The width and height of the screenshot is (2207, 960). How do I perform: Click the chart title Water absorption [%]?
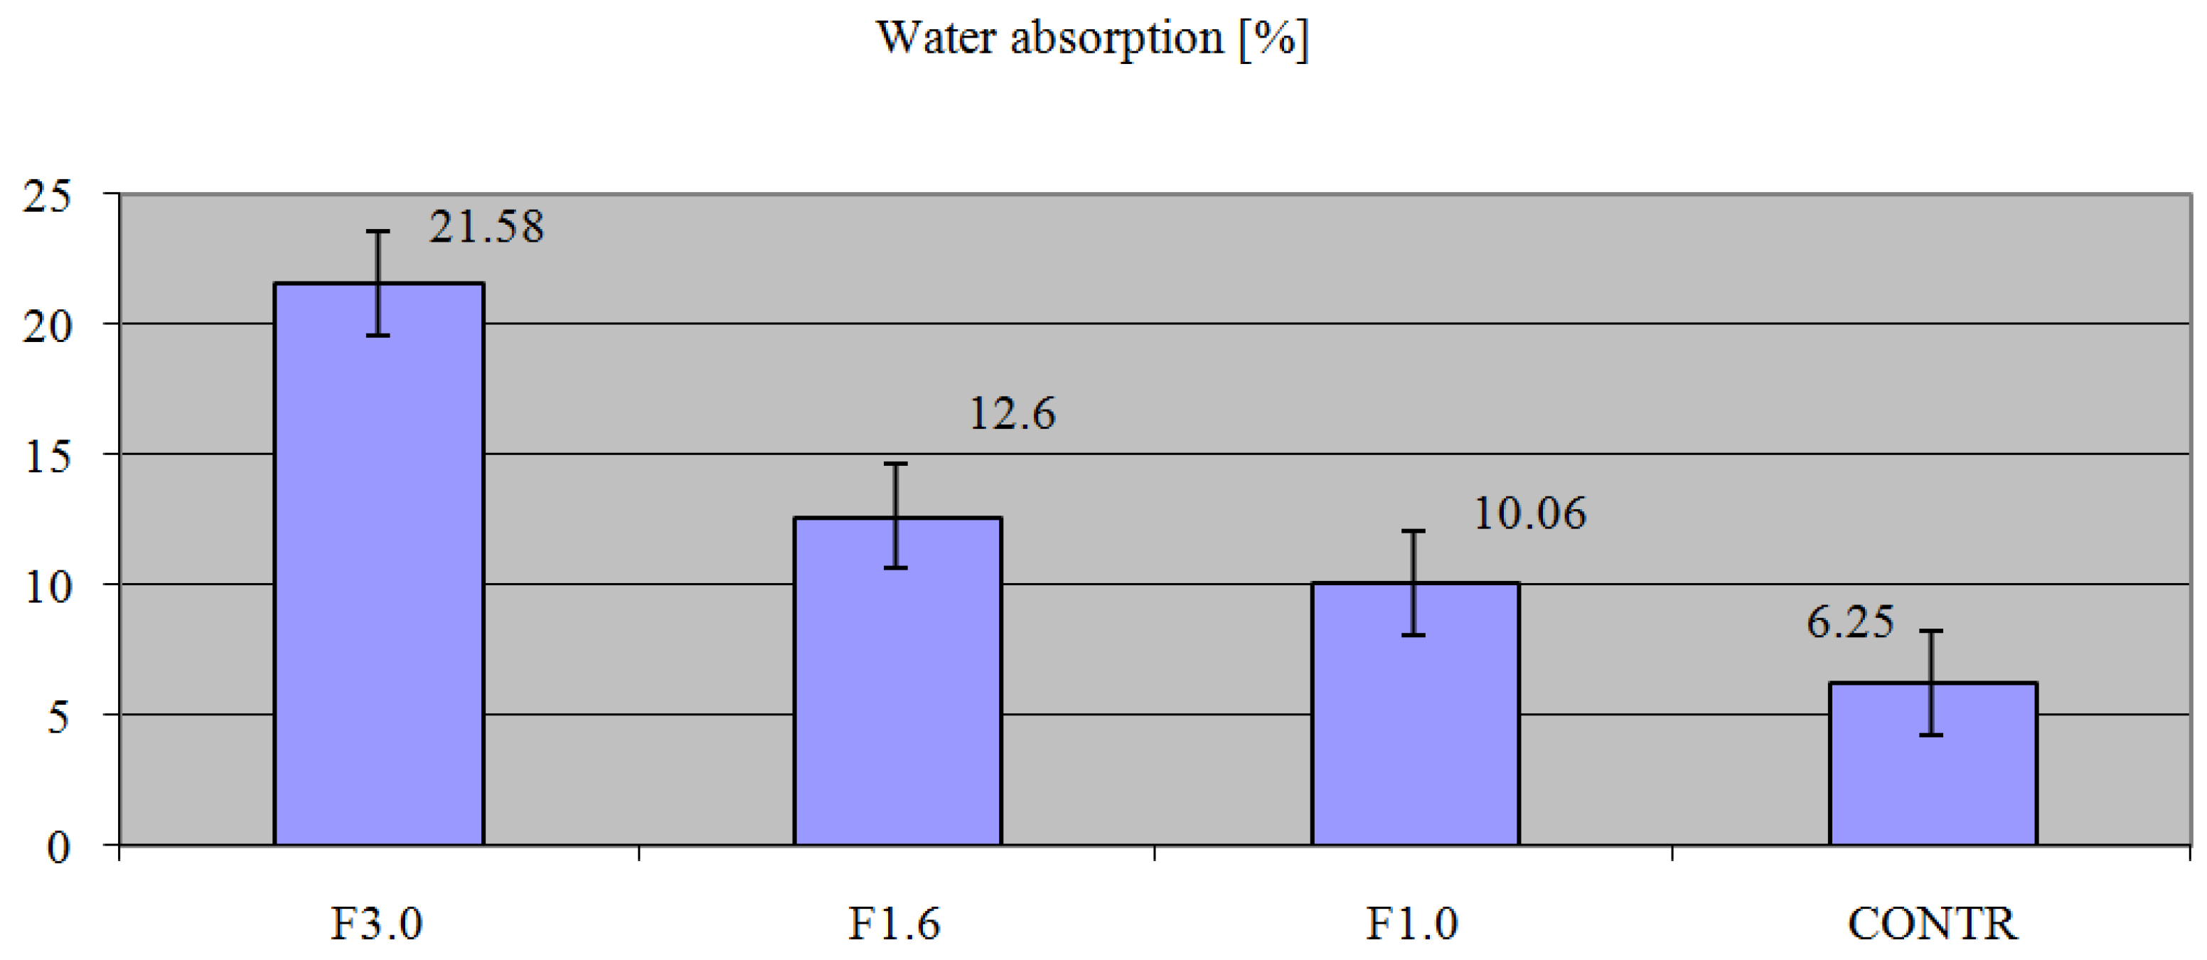(1092, 38)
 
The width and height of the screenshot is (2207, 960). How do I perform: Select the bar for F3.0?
(379, 566)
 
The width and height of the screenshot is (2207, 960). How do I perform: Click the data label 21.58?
(486, 227)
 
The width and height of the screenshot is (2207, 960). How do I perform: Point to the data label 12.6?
(1012, 414)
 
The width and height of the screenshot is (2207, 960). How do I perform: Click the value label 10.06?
(1529, 513)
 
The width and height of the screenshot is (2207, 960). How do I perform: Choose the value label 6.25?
(1850, 622)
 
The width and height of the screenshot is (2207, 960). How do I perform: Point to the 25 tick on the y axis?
(47, 197)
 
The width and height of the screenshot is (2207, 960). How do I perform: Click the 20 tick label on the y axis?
(47, 326)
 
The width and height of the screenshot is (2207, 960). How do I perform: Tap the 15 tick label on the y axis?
(47, 457)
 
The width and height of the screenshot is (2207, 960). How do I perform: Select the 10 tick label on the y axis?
(47, 587)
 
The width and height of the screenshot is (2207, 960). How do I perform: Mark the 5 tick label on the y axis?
(58, 717)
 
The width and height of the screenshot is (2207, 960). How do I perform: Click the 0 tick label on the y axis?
(58, 848)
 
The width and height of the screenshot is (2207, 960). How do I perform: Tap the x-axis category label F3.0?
(377, 924)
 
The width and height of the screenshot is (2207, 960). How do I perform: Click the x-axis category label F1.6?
(894, 924)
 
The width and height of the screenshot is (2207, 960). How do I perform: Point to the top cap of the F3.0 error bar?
(378, 231)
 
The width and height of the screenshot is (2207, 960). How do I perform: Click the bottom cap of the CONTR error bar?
(1931, 735)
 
